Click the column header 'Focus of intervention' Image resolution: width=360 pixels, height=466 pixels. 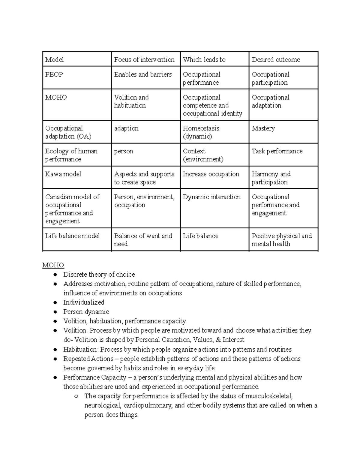pos(144,60)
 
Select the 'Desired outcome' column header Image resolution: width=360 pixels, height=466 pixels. pos(276,60)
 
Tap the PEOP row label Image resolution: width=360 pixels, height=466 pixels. pos(54,74)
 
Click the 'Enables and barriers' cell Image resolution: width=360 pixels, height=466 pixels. pos(143,74)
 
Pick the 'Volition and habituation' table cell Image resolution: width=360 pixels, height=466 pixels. pos(131,101)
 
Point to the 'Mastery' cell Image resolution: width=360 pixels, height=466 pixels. pos(263,128)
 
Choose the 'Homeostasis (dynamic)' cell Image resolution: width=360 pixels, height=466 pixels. pos(201,132)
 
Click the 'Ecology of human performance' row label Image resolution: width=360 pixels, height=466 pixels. pos(71,155)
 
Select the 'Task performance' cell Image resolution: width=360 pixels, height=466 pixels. pos(277,151)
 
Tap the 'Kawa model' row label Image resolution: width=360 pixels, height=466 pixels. pos(63,174)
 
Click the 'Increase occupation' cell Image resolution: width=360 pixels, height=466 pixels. pos(211,174)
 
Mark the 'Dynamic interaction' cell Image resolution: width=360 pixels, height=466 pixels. pos(211,197)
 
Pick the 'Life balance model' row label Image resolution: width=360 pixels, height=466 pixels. pos(72,236)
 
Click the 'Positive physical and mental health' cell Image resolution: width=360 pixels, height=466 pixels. pos(281,240)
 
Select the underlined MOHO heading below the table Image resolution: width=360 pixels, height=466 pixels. pos(53,265)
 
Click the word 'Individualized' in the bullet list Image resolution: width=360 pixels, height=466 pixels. pos(84,302)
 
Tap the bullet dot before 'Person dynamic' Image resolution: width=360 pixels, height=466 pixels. pos(55,312)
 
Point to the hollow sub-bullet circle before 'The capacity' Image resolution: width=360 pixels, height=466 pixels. pos(76,396)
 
